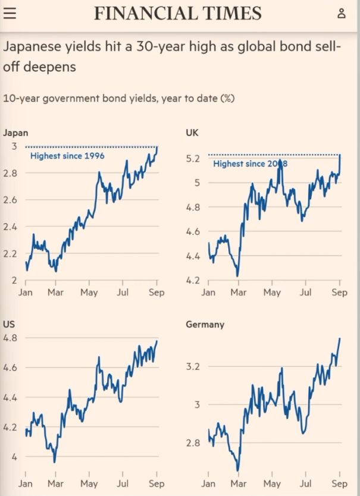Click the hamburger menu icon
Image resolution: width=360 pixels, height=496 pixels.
click(10, 13)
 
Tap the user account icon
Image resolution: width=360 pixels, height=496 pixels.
click(342, 14)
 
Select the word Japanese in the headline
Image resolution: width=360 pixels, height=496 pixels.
click(32, 47)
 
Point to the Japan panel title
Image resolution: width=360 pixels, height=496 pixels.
click(15, 133)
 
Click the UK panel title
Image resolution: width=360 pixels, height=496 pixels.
click(192, 132)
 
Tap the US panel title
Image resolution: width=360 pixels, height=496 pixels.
click(8, 324)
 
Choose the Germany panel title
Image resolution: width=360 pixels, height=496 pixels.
click(205, 325)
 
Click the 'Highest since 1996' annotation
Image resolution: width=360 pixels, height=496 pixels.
click(67, 156)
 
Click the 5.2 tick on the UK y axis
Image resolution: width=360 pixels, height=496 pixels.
click(193, 158)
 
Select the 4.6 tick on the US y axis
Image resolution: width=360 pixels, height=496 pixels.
click(10, 368)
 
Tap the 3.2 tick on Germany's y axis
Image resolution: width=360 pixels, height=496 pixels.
click(193, 366)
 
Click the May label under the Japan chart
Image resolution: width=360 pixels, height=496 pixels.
click(89, 292)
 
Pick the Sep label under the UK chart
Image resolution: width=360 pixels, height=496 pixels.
click(339, 292)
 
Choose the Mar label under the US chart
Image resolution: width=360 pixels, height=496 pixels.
click(55, 484)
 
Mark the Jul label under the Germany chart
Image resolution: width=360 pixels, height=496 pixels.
click(305, 484)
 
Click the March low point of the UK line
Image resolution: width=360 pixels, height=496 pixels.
click(237, 276)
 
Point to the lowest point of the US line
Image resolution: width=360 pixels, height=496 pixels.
click(55, 462)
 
